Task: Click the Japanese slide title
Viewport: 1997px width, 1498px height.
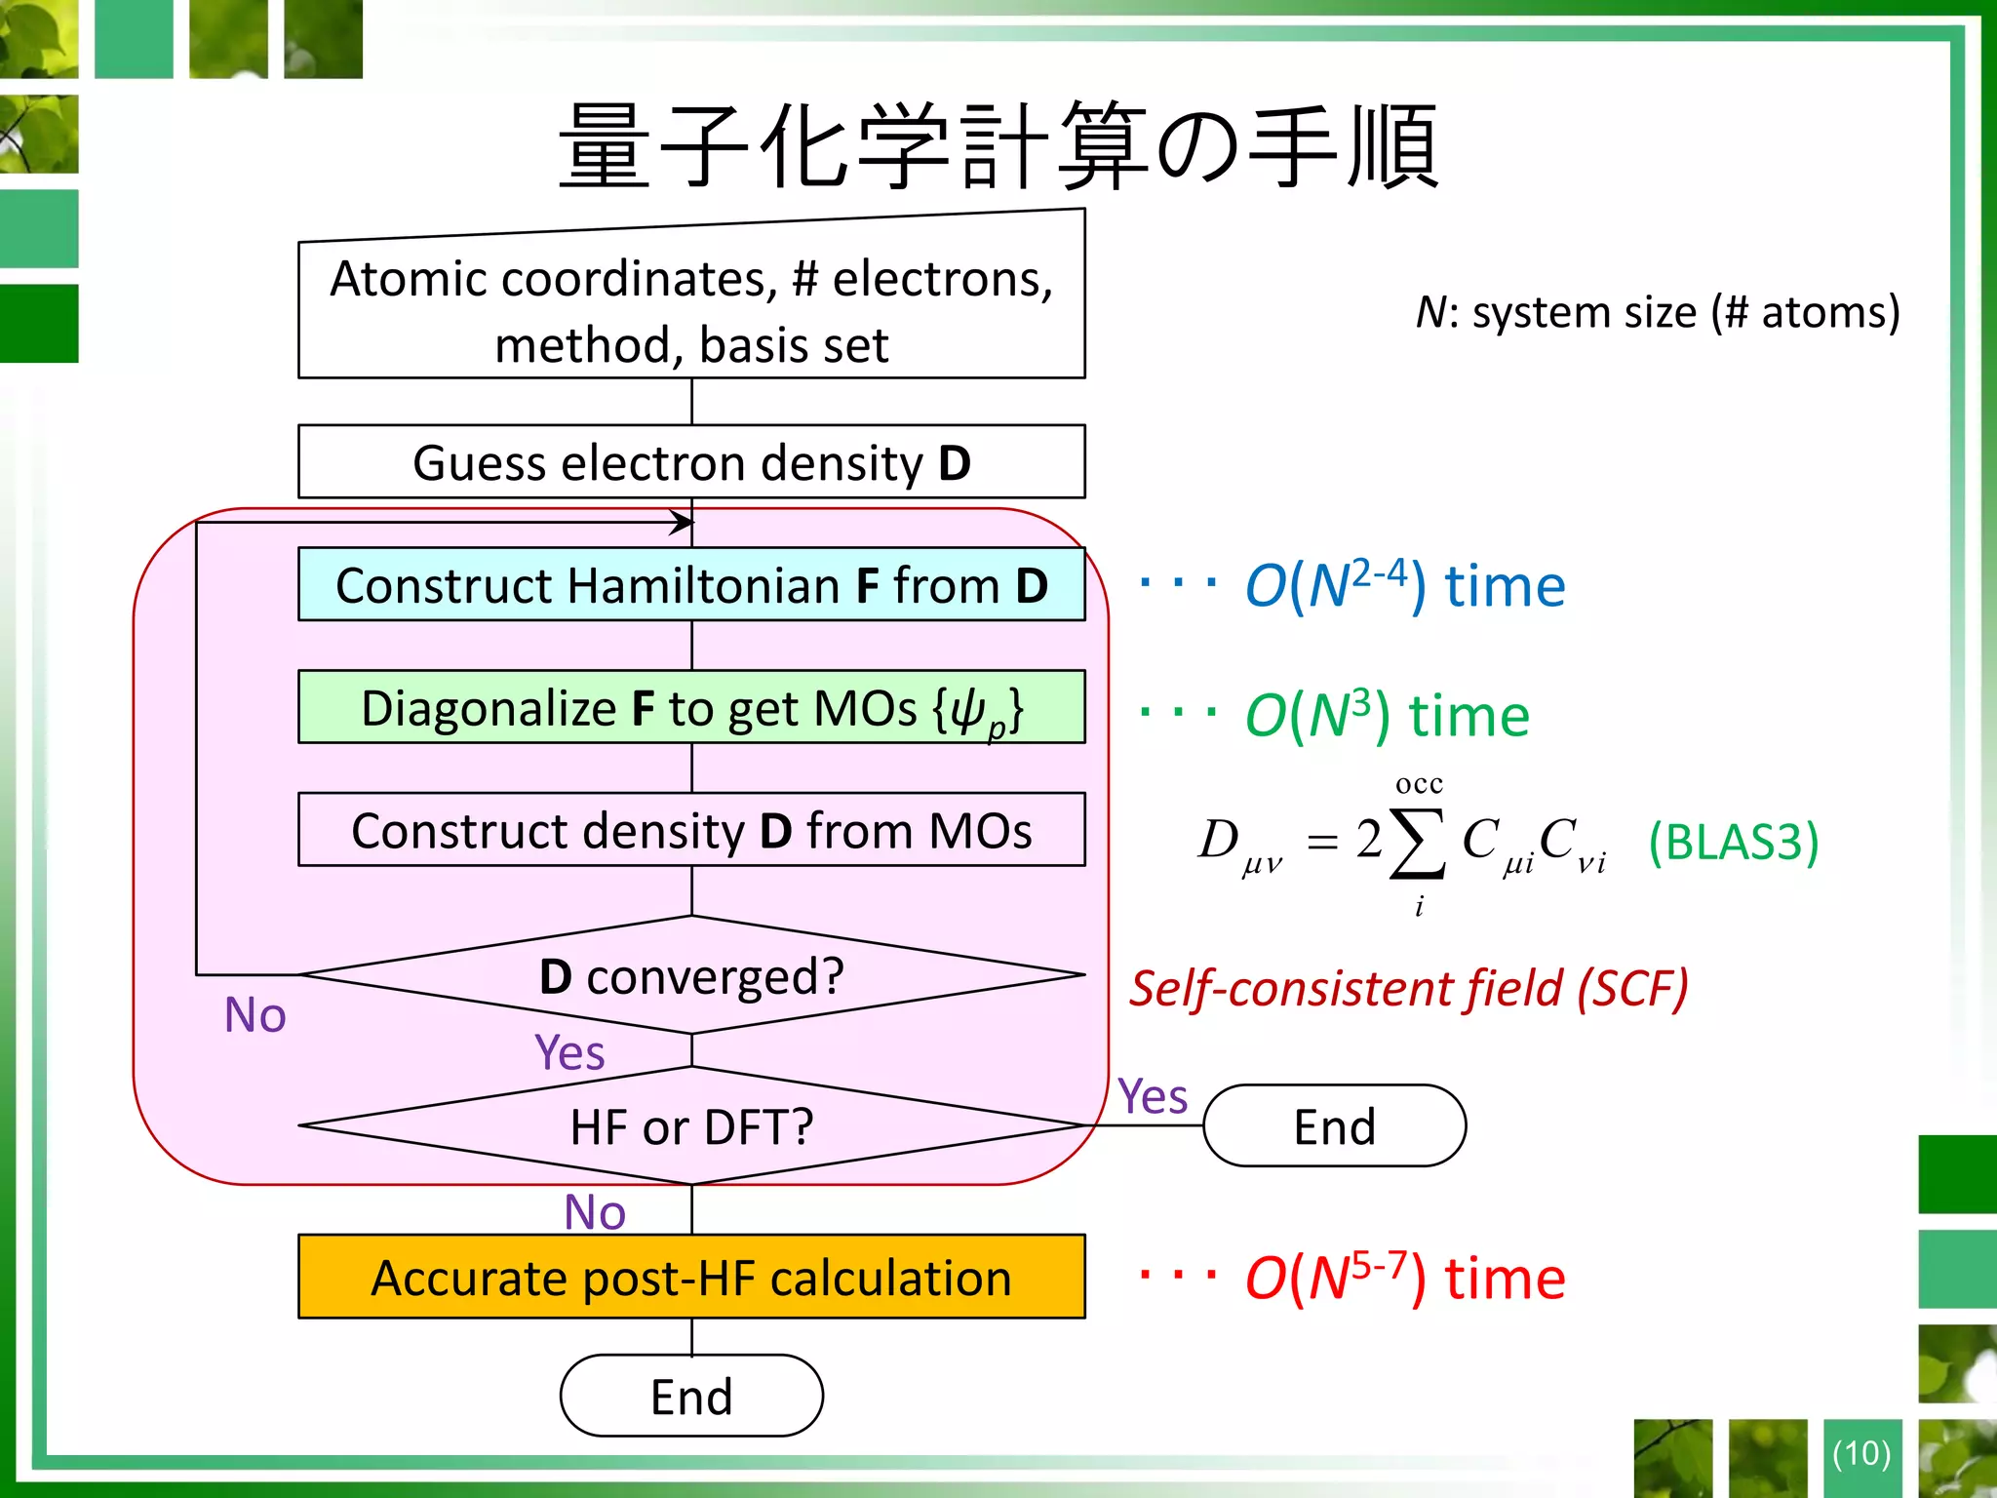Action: pos(998,146)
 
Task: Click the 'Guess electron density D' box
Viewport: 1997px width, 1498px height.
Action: pos(691,461)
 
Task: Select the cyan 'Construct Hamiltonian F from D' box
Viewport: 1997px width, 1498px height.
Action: pos(691,584)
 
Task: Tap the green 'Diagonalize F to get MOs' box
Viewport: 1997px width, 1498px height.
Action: pos(691,707)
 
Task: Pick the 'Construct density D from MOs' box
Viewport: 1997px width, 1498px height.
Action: pos(691,830)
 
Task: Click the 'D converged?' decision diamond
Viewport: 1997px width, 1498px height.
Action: pos(691,975)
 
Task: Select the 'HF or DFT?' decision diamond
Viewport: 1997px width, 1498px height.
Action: pos(691,1126)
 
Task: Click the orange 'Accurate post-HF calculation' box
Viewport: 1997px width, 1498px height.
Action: pos(691,1277)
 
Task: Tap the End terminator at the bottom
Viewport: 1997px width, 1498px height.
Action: pos(691,1396)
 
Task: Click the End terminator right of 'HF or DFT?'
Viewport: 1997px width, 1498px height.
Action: pos(1334,1126)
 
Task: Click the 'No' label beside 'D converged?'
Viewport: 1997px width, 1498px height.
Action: pos(255,1014)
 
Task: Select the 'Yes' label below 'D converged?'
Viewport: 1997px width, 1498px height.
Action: pos(569,1052)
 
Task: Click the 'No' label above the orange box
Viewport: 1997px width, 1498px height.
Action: pos(595,1212)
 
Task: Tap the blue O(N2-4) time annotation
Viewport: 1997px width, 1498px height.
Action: pos(1404,586)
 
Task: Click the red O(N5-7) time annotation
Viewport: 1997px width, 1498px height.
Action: pos(1404,1278)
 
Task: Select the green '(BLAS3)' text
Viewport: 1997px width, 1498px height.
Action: pos(1733,841)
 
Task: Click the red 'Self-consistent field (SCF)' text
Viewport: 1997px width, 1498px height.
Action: pos(1409,988)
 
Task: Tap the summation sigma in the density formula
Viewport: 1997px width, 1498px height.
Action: pos(1418,844)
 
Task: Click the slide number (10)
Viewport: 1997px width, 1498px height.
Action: pos(1861,1453)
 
